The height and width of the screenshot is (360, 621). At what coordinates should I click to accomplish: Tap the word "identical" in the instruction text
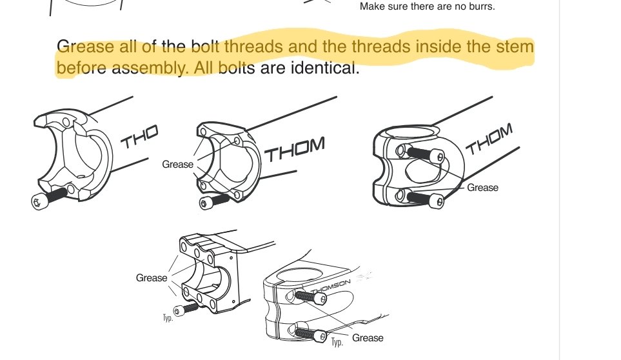(325, 68)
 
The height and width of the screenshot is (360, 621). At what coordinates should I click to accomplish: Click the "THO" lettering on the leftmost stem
(139, 136)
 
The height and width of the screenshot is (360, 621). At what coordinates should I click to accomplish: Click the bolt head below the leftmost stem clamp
(37, 203)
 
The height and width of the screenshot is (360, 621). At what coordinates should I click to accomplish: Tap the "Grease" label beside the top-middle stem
(178, 165)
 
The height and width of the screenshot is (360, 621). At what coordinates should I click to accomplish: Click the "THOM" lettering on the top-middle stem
(295, 149)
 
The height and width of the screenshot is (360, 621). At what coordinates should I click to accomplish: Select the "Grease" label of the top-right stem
(483, 187)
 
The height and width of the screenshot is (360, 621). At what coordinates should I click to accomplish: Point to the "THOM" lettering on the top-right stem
(489, 139)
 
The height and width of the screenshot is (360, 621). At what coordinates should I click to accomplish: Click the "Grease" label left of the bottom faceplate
(152, 278)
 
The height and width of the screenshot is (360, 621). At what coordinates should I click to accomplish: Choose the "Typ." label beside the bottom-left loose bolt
(168, 318)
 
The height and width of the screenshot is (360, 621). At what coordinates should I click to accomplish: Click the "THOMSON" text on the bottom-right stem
(331, 286)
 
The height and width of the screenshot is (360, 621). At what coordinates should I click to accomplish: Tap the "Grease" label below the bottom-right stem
(368, 338)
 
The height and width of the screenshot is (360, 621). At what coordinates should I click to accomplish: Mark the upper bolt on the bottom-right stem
(311, 297)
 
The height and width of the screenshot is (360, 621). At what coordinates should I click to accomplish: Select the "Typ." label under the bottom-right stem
(337, 342)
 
